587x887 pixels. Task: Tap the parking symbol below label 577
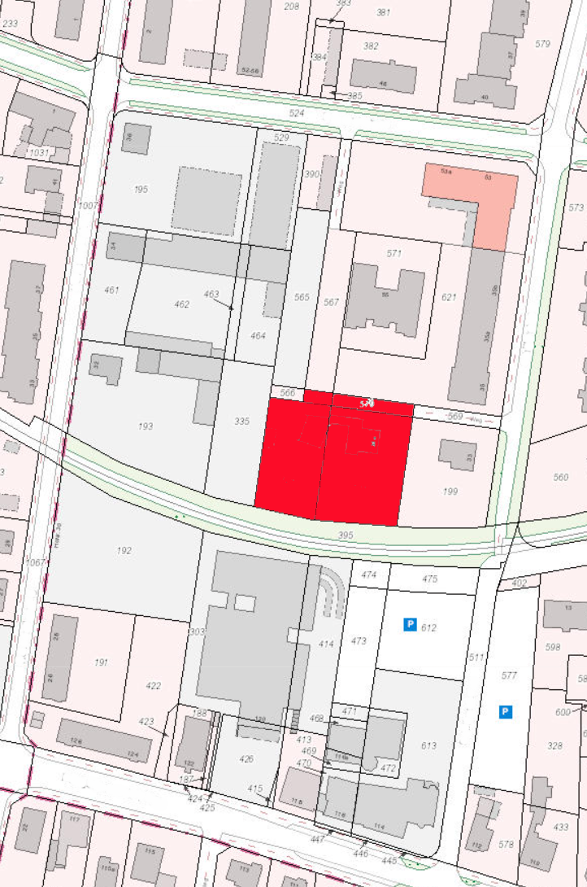coord(506,712)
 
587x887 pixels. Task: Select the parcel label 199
coord(451,492)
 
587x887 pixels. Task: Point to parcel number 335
coord(241,421)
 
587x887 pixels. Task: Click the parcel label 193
coord(146,426)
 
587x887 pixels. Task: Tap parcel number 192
coord(124,551)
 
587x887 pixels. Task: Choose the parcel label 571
coord(394,254)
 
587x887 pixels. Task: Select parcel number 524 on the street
coord(296,113)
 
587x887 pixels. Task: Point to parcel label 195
coord(141,189)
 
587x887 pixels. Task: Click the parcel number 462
coord(182,304)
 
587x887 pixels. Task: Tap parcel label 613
coord(429,745)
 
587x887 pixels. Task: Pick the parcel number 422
coord(153,686)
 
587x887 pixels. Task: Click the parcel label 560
coord(560,477)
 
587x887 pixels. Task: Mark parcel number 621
coord(449,297)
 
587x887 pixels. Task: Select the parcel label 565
coord(302,298)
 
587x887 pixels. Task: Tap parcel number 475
coord(430,579)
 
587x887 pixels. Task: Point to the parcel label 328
coord(555,745)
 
